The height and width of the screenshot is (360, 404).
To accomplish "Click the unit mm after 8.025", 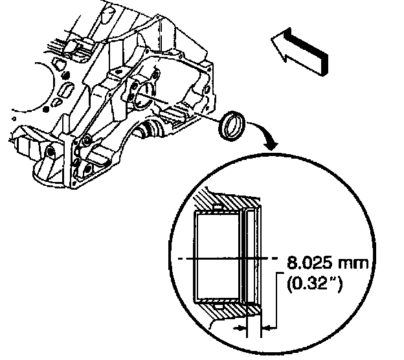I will click(x=353, y=264).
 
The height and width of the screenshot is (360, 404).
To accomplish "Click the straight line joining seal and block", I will click(x=188, y=107).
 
